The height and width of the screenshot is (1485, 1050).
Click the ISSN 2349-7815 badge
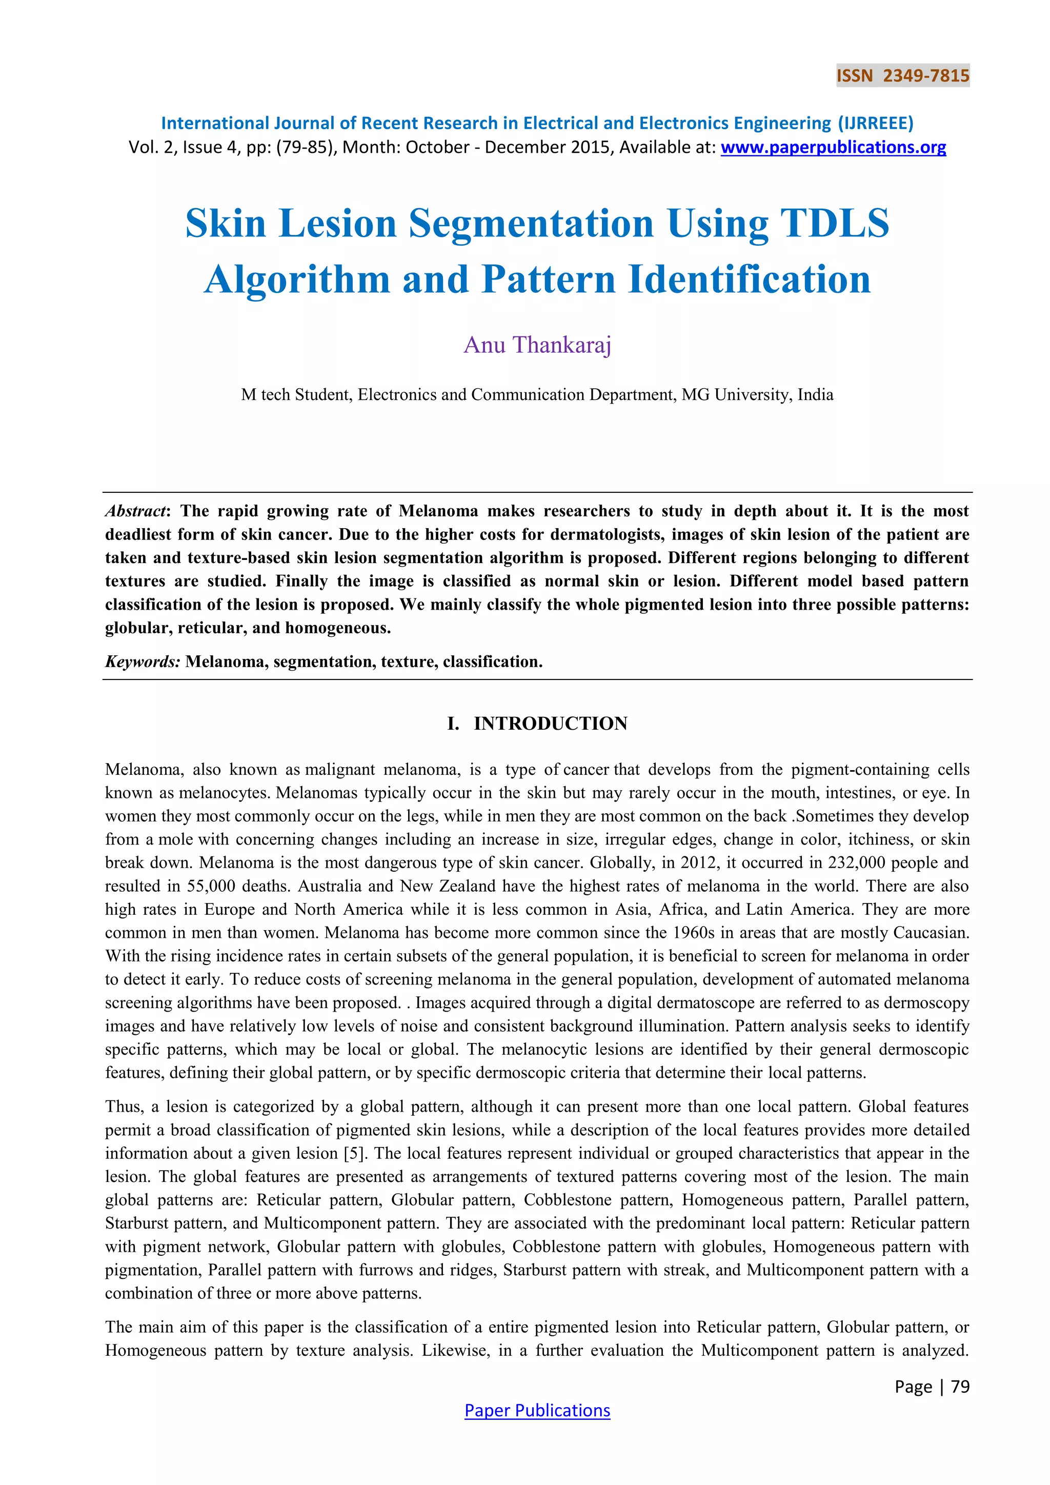tap(902, 76)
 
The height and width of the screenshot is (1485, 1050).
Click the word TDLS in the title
tap(835, 224)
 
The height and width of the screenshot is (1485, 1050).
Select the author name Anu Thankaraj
tap(537, 345)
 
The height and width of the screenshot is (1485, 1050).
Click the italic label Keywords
tap(142, 661)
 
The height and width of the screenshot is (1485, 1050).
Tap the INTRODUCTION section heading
tap(550, 723)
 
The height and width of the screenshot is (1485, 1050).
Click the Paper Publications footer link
tap(537, 1410)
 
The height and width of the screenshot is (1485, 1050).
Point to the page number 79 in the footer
tap(960, 1386)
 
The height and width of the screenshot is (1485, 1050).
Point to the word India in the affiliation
tap(815, 394)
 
